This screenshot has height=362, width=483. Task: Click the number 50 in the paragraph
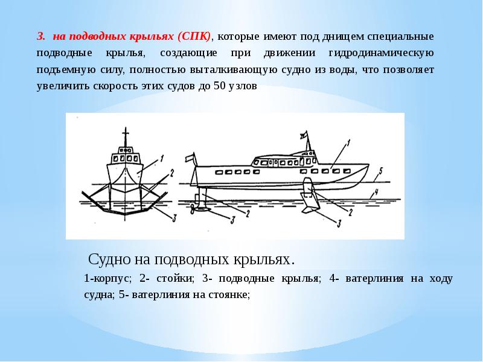click(x=220, y=85)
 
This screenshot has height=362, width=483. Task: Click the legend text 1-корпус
click(x=107, y=279)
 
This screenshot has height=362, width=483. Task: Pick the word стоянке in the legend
click(x=228, y=295)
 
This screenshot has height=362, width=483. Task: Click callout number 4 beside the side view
click(x=376, y=192)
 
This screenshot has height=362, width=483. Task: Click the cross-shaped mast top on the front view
click(x=126, y=133)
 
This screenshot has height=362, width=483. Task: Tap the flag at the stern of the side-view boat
click(x=188, y=158)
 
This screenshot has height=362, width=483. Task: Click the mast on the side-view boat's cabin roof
click(x=308, y=143)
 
